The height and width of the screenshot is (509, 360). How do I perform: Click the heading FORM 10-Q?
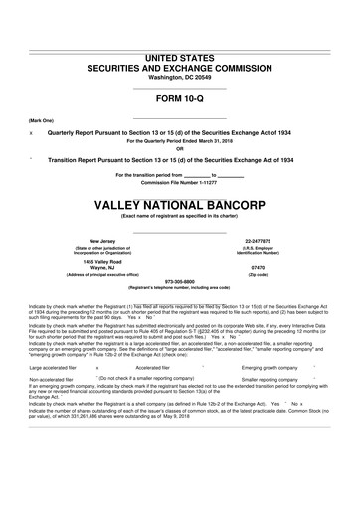pos(180,99)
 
